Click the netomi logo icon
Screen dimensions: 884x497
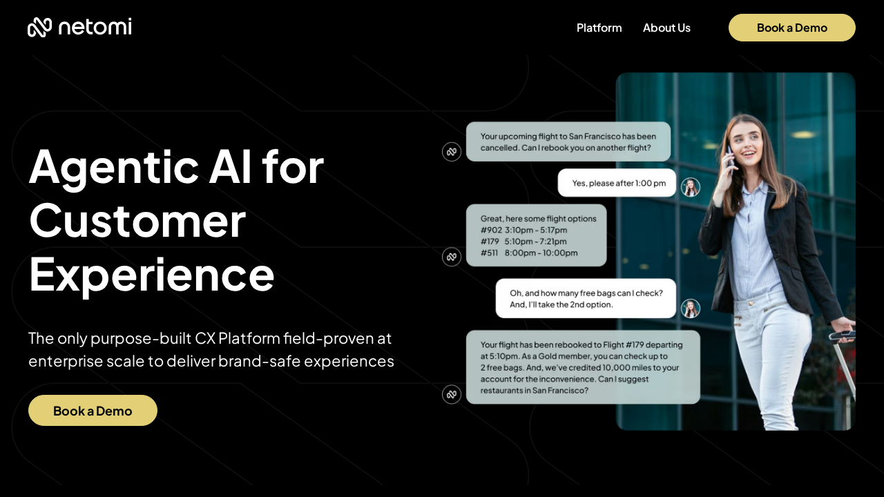pos(39,27)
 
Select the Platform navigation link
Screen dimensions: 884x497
pos(599,28)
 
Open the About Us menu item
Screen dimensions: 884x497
pos(666,28)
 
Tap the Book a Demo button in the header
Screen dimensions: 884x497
pos(791,28)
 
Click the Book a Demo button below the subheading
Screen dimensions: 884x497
pos(93,410)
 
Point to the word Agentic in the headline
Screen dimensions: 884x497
pos(114,168)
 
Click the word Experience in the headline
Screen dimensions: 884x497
pos(151,275)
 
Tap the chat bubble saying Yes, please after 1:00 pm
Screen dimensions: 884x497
pos(617,183)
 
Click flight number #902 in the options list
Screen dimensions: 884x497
pos(491,230)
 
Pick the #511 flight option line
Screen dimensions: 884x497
pos(529,253)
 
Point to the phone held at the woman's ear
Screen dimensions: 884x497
pos(731,159)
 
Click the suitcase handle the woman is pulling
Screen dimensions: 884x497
pos(841,335)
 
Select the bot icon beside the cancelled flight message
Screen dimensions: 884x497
pos(452,151)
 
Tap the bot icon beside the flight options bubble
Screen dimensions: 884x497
pos(452,257)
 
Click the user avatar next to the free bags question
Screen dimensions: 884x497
pos(691,309)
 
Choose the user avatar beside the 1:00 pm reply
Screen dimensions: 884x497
pos(691,187)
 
